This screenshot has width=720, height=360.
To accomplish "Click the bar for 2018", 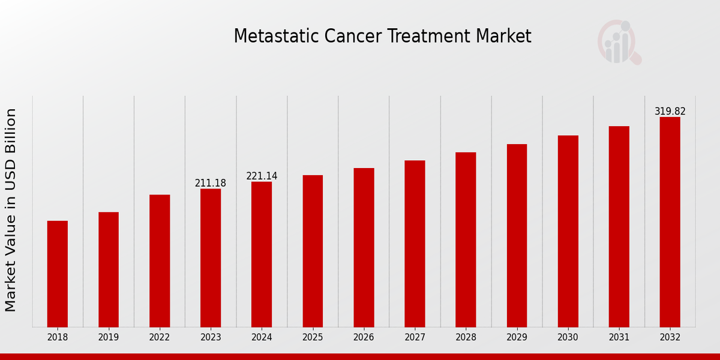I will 58,274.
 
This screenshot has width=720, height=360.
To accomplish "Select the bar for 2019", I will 109,269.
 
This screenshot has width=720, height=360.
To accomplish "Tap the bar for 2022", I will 160,260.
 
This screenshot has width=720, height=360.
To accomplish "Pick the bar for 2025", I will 313,251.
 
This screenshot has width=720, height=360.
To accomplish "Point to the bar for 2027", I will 415,244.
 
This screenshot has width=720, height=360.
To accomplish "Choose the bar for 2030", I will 568,231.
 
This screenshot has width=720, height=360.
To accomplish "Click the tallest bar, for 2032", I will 670,222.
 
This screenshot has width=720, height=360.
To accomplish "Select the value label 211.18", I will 211,183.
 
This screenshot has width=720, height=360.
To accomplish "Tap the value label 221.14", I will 262,176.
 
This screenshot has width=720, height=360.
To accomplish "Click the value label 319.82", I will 670,111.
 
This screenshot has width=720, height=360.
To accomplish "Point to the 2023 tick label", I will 211,337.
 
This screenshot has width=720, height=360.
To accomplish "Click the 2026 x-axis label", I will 364,337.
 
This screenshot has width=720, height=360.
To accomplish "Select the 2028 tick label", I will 466,337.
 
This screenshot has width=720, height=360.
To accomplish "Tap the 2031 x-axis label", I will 619,337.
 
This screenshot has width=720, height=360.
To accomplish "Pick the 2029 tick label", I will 517,337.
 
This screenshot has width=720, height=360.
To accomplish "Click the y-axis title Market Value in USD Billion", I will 11,210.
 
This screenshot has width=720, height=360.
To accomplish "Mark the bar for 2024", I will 262,254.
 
